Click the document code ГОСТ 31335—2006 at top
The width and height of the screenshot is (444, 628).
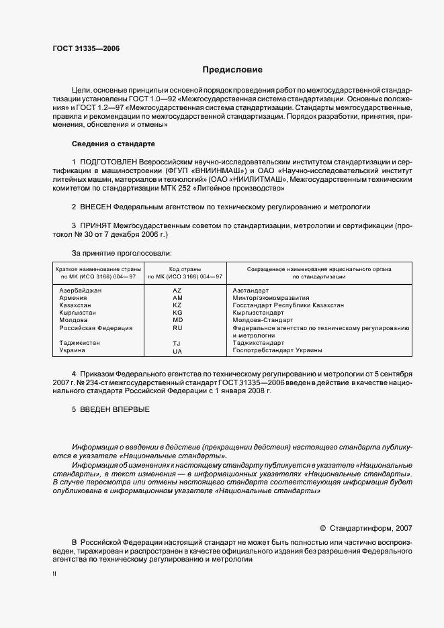[x=81, y=48]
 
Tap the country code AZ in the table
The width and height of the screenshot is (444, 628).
[x=177, y=290]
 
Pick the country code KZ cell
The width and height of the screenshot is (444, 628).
[x=177, y=305]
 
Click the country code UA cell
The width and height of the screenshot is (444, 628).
[x=177, y=351]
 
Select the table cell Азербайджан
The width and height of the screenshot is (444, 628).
[x=81, y=290]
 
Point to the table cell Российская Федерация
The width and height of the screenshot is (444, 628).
[x=96, y=328]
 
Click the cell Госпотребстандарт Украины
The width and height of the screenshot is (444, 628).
[x=277, y=350]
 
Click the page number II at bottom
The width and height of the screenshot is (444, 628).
[x=54, y=574]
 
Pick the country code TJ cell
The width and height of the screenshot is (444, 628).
[x=177, y=343]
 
